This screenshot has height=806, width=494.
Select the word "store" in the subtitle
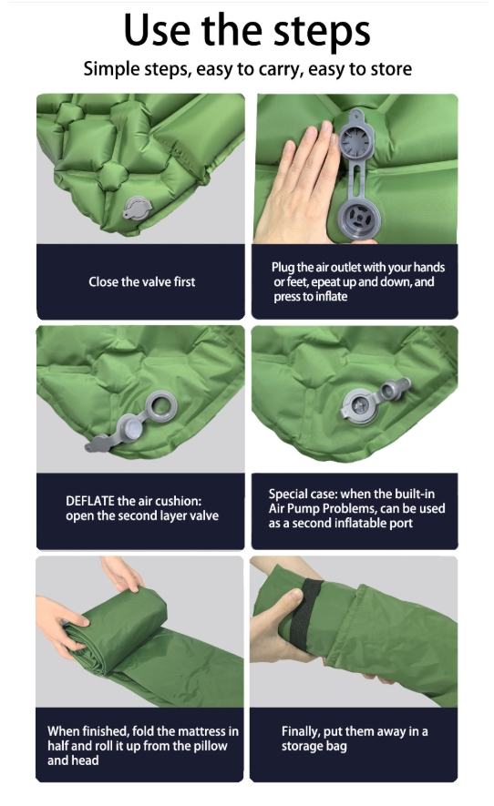click(390, 69)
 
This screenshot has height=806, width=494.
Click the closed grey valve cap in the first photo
click(138, 208)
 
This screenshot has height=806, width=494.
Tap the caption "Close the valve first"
click(141, 281)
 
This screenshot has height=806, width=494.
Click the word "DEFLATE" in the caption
click(90, 501)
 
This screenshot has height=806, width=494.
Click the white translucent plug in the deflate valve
click(132, 429)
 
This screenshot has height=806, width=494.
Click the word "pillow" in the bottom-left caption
click(209, 746)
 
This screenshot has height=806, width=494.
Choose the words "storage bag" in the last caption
click(314, 747)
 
